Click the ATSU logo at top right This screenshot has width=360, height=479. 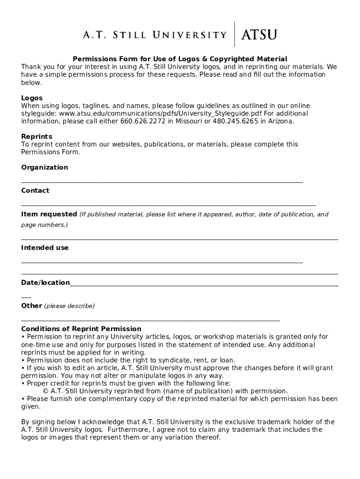259,35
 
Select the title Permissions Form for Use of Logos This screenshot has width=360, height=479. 180,59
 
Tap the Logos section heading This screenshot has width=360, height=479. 32,98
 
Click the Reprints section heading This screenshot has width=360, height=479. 36,136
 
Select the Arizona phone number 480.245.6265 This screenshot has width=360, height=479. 236,121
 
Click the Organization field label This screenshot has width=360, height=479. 44,167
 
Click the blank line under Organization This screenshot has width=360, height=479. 162,181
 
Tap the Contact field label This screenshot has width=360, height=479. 35,190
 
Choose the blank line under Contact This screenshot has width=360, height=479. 168,204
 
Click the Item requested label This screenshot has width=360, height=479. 49,214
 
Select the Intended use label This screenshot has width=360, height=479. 45,247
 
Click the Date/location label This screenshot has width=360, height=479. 45,283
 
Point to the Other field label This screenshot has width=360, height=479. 31,305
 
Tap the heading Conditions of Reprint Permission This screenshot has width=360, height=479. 81,329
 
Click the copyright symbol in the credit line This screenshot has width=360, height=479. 46,391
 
